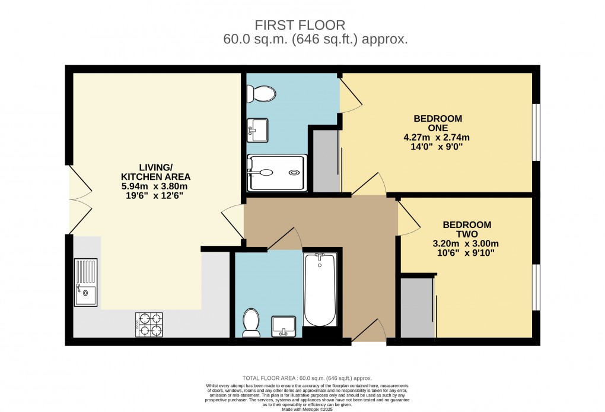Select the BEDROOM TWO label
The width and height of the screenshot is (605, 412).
point(467,229)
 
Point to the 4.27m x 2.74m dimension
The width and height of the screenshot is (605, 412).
point(437,137)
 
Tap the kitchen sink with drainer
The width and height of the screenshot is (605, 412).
point(85,282)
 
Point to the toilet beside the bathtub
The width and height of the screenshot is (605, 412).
point(251,322)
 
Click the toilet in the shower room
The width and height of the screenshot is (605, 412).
point(261,94)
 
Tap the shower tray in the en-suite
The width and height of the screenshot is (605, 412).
point(278,173)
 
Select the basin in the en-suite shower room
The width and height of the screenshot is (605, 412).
point(258,129)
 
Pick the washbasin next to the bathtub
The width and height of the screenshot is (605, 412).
point(284,326)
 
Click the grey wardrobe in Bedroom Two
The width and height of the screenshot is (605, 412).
point(417,307)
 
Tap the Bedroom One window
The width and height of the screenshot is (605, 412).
point(536,132)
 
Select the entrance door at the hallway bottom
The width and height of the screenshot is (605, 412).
point(371,331)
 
